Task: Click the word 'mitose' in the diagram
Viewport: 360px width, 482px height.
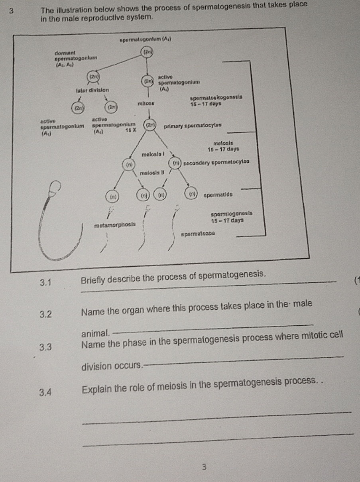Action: tap(146, 103)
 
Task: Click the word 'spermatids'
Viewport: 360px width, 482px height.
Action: tap(218, 195)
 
